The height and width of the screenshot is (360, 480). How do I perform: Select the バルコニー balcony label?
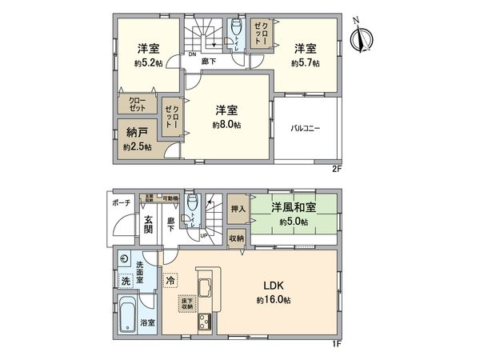point(306,128)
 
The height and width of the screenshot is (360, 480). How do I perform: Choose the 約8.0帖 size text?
point(227,125)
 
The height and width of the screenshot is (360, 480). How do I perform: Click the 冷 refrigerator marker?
point(170,280)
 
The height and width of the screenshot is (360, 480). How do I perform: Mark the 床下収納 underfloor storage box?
point(186,302)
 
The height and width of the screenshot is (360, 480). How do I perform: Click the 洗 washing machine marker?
point(126,281)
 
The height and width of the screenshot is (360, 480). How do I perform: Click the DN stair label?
point(193,54)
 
